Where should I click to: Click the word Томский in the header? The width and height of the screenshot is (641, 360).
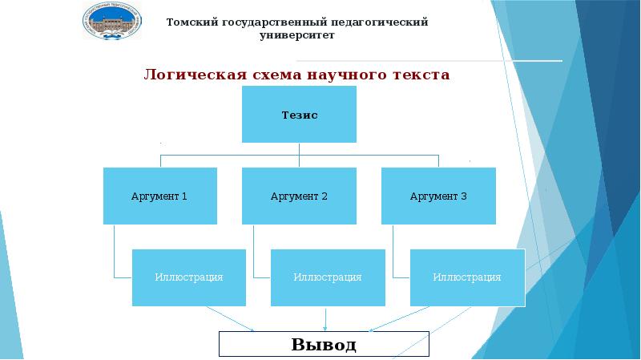pyautogui.click(x=190, y=22)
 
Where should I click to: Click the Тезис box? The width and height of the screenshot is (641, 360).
pyautogui.click(x=300, y=115)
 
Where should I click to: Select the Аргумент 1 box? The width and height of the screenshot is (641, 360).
pyautogui.click(x=159, y=196)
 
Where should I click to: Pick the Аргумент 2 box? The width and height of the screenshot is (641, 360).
pyautogui.click(x=299, y=196)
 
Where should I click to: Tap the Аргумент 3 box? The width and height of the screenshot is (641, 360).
pyautogui.click(x=438, y=196)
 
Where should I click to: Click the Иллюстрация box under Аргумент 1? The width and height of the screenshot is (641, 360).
pyautogui.click(x=188, y=277)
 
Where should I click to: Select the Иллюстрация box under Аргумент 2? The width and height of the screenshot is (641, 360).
pyautogui.click(x=328, y=277)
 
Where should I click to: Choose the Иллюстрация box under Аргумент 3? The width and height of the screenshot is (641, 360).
pyautogui.click(x=467, y=277)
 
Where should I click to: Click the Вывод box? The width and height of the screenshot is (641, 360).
pyautogui.click(x=325, y=345)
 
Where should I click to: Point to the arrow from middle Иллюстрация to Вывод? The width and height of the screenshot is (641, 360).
pyautogui.click(x=326, y=318)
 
